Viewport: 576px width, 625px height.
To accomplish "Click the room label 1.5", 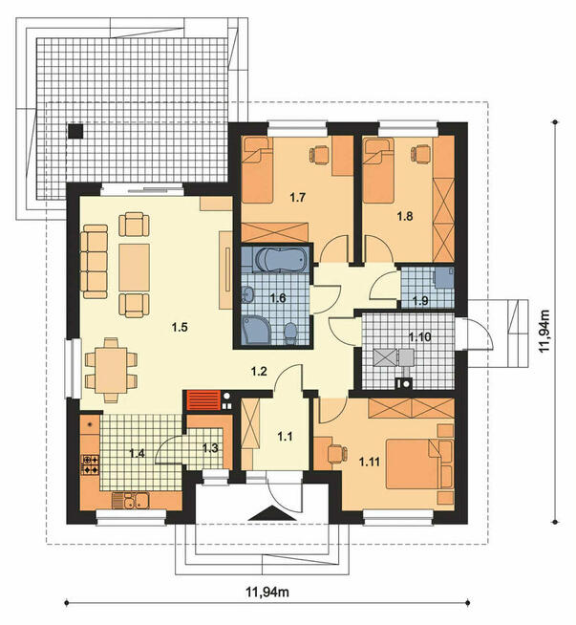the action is (180, 327).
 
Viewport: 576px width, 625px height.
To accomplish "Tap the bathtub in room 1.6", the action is (282, 260).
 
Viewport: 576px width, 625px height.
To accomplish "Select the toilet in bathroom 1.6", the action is (290, 333).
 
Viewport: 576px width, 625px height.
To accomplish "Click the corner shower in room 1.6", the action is (256, 330).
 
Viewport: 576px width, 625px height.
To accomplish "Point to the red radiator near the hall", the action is (203, 400).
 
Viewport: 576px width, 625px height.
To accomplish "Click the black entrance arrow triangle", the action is (272, 512).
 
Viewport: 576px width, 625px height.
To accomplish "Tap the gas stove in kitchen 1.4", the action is (91, 464).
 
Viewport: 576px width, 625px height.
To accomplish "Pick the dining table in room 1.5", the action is (111, 370).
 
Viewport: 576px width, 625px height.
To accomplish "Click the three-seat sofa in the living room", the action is (94, 262).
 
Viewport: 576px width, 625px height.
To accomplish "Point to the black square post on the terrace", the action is (75, 131).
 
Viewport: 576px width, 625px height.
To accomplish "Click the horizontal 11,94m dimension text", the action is (267, 592).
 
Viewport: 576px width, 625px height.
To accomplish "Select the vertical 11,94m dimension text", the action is (544, 331).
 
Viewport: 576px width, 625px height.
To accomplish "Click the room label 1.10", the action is (420, 336).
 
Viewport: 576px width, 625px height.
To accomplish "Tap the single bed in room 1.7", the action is (257, 169).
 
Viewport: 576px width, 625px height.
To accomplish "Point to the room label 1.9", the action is (420, 300).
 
